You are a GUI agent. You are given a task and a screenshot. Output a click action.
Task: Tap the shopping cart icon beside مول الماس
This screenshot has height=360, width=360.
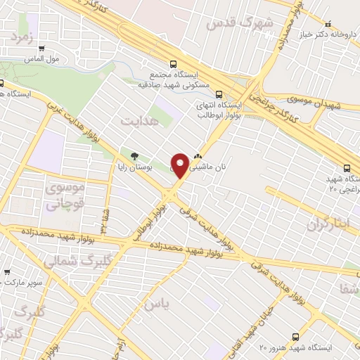pos(43,49)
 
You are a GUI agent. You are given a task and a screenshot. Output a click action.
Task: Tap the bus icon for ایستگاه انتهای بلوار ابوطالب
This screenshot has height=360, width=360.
pos(219,94)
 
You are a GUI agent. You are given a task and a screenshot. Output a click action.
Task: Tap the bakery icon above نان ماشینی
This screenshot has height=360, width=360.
pos(198,157)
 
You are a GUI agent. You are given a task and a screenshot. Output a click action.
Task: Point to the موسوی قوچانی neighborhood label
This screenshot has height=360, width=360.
pos(65,197)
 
